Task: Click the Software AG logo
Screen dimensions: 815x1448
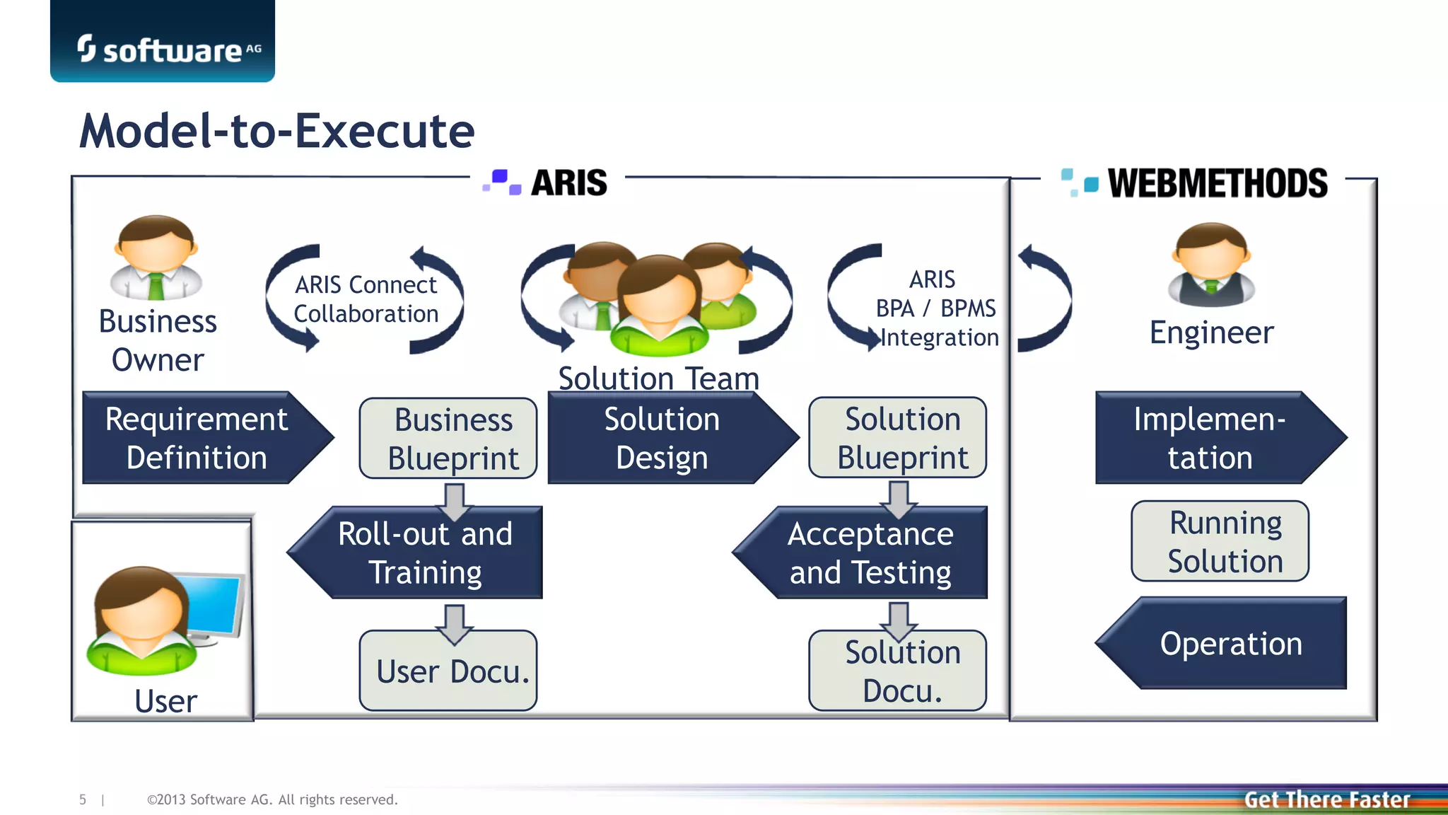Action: (x=168, y=50)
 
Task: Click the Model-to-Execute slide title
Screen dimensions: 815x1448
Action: (x=276, y=132)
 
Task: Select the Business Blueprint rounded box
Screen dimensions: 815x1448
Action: (x=448, y=439)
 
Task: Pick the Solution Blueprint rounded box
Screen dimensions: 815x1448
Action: (x=898, y=438)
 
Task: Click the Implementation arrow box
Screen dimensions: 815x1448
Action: (x=1210, y=438)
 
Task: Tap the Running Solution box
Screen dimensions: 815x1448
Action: (x=1220, y=542)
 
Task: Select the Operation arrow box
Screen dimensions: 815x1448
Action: (x=1230, y=644)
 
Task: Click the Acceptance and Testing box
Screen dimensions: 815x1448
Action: (x=870, y=553)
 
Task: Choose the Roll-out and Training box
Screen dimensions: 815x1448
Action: (x=425, y=553)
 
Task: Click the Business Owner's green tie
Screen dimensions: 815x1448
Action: (x=156, y=287)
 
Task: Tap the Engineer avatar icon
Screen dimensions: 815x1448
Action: (x=1211, y=265)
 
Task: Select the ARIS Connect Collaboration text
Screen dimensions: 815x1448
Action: (x=366, y=299)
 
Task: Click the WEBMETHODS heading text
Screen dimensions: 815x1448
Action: (x=1217, y=183)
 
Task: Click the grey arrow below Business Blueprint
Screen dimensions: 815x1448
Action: (x=454, y=501)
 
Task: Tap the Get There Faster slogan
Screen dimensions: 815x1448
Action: (x=1326, y=799)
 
